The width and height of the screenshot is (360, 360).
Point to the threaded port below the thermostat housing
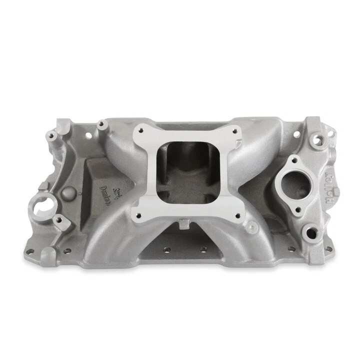click(312, 232)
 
